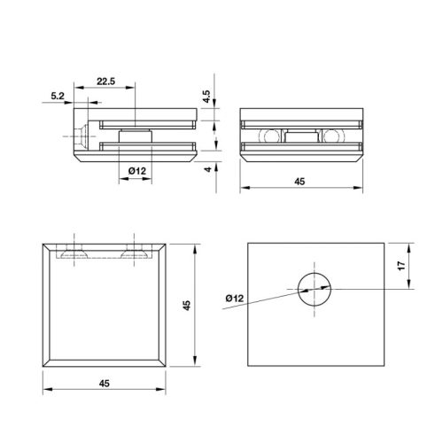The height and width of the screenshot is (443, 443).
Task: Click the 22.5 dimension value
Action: pyautogui.click(x=106, y=81)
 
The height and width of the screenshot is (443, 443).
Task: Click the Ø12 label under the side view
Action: pyautogui.click(x=137, y=169)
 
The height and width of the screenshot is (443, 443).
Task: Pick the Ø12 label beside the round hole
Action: pyautogui.click(x=236, y=299)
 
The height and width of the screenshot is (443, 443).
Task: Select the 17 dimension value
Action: pyautogui.click(x=401, y=265)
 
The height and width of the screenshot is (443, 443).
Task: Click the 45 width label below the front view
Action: pyautogui.click(x=299, y=181)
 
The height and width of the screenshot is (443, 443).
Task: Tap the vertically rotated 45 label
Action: pyautogui.click(x=186, y=304)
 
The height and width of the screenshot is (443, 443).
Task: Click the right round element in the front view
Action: pyautogui.click(x=332, y=136)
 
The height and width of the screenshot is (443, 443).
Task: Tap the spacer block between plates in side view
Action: pyautogui.click(x=135, y=135)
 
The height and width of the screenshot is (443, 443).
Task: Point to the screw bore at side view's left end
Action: pyautogui.click(x=80, y=136)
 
